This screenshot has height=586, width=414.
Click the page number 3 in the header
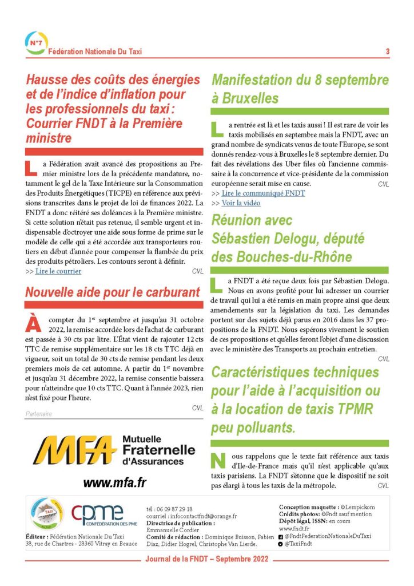point(387,52)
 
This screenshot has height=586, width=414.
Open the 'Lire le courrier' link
point(58,271)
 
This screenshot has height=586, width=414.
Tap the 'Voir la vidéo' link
point(241,203)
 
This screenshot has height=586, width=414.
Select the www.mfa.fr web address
point(114,482)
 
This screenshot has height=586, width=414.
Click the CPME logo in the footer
point(105,515)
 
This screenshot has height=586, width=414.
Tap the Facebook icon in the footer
point(281,536)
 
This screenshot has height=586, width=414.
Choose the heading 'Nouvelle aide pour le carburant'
point(113,292)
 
